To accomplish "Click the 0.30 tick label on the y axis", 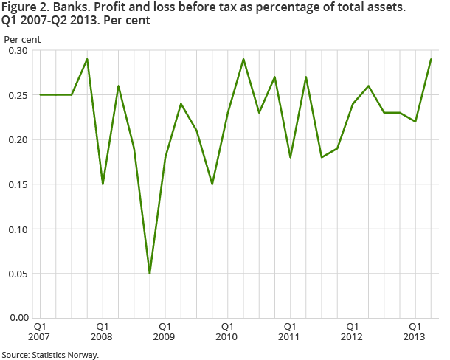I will pos(17,51).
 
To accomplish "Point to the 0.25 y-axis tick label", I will pos(17,95).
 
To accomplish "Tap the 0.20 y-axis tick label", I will pos(17,139).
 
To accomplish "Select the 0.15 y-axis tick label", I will pos(17,184).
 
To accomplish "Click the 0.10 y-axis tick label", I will pos(17,229).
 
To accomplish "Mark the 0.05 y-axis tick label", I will pos(17,274).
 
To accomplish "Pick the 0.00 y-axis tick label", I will pos(17,318).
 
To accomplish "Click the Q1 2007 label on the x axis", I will pos(40,331).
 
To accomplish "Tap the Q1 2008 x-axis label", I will pos(103,331).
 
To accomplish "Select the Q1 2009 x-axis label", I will pos(165,331).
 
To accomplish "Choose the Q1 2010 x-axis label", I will pos(227,331).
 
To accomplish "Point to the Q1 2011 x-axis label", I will pos(290,331).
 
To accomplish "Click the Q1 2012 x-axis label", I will pos(353,331).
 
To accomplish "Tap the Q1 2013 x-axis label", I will pos(415,331).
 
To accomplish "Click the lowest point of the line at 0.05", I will pos(149,273).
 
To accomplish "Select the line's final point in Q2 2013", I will pos(431,59).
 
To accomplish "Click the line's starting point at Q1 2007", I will pos(40,94).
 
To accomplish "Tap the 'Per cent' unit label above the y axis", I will pos(23,38).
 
